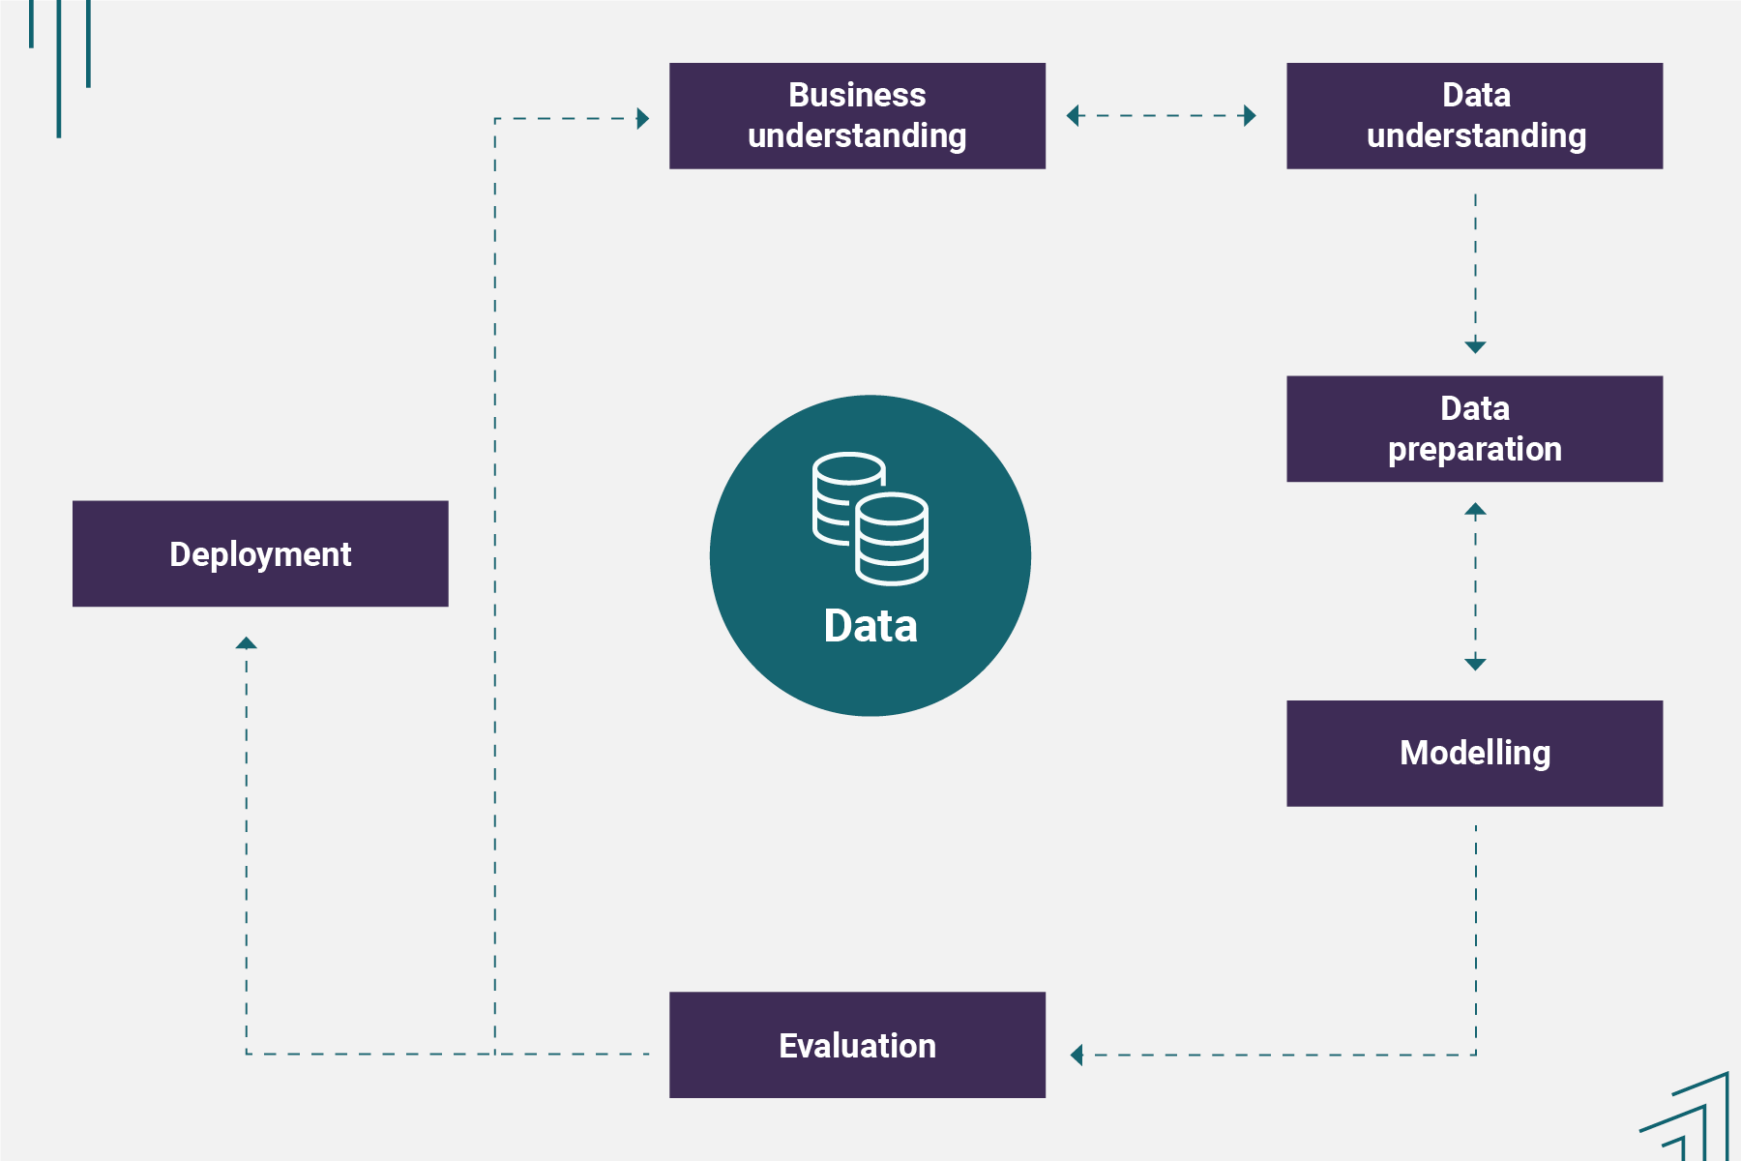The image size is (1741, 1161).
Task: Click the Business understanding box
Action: point(857,116)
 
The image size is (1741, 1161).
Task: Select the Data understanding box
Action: point(1474,116)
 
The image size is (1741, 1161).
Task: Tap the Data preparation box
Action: point(1474,429)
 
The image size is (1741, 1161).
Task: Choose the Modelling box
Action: point(1474,753)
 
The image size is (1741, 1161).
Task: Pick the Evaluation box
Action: point(857,1045)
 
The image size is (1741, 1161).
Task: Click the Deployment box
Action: point(260,553)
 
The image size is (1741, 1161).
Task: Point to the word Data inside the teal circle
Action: point(870,626)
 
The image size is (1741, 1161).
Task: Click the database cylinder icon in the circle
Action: point(870,519)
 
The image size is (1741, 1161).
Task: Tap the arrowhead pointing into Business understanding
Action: point(642,119)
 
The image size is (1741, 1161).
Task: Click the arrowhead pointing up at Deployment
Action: point(247,643)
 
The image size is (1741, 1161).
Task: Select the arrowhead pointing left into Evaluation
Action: point(1077,1055)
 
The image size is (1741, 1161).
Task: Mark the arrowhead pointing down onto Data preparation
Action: point(1475,346)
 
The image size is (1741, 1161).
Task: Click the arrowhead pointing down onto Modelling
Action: point(1475,664)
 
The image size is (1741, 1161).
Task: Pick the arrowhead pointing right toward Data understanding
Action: point(1250,116)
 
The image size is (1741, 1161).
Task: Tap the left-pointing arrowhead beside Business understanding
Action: point(1073,116)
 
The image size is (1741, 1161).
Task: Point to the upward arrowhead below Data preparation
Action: point(1475,510)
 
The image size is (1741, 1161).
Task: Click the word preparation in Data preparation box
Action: point(1474,450)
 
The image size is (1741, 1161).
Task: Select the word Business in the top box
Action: point(857,95)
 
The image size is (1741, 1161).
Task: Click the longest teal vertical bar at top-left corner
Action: point(59,68)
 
